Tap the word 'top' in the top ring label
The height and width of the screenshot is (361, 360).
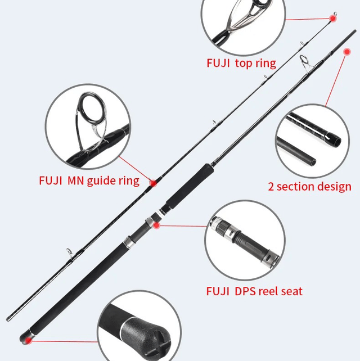click(x=244, y=63)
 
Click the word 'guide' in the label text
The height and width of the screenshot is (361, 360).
click(x=101, y=181)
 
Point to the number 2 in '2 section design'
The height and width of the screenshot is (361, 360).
click(x=271, y=186)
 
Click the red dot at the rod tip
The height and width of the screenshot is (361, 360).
click(x=332, y=19)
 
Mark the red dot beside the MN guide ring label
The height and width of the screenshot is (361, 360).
click(x=152, y=182)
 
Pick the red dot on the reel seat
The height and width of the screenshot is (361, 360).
click(x=157, y=225)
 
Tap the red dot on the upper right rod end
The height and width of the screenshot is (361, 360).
click(x=345, y=53)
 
